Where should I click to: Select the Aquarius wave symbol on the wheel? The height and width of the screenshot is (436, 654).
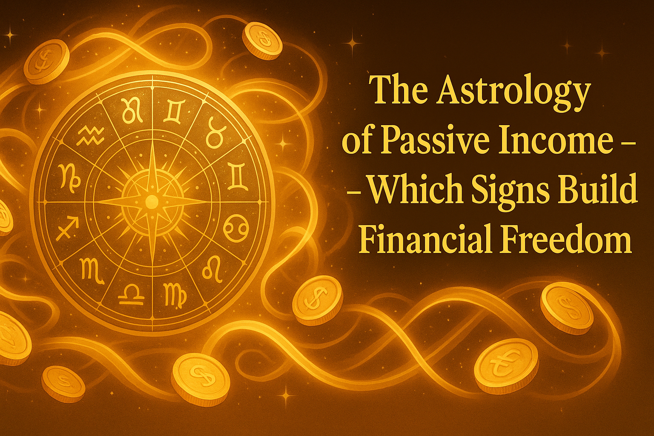(x=90, y=136)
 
